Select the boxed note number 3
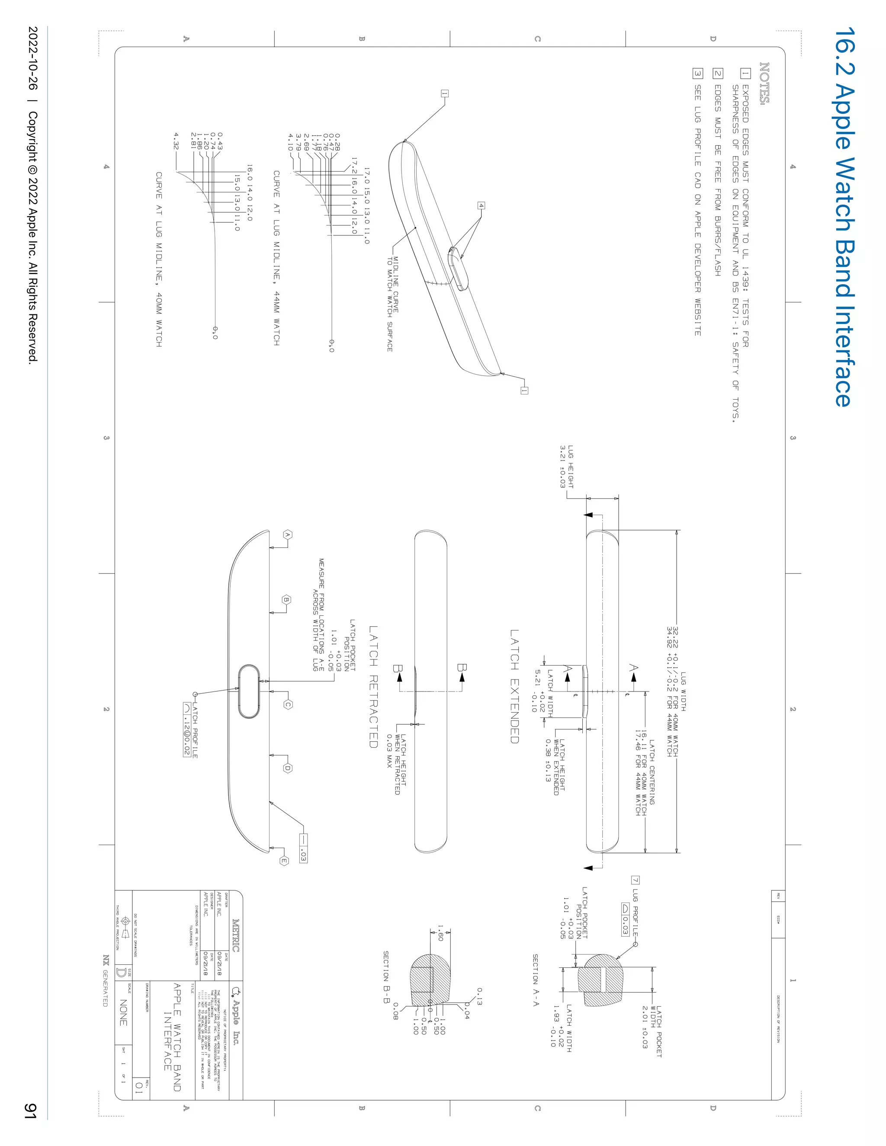tap(697, 74)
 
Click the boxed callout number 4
tap(481, 206)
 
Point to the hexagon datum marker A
tap(287, 535)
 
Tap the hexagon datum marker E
tap(284, 861)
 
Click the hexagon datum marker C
tap(288, 704)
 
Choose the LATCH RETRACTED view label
tap(373, 686)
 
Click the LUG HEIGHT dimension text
tap(566, 467)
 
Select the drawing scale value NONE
tap(123, 1012)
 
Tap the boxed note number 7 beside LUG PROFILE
tap(635, 880)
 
